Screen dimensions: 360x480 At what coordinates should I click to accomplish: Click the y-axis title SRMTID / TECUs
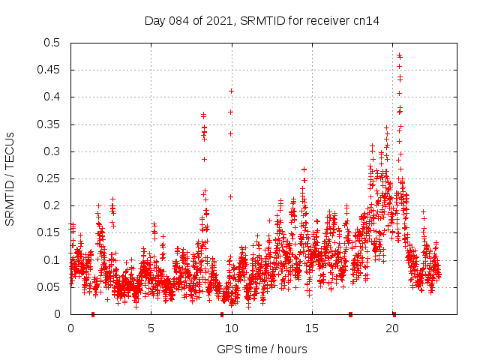click(10, 178)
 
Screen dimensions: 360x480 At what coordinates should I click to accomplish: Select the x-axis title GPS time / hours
click(262, 349)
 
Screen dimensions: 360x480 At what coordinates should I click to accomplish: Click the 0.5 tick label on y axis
click(52, 43)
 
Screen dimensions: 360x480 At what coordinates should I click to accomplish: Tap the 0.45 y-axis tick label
click(49, 70)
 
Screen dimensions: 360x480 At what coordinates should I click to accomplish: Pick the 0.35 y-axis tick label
click(49, 124)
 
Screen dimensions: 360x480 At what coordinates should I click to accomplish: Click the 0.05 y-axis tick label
click(49, 287)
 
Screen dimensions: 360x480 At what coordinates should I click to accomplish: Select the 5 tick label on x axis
click(151, 328)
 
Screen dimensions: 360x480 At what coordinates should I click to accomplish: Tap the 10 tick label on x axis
click(232, 328)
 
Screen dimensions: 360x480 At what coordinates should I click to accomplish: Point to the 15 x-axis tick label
click(312, 328)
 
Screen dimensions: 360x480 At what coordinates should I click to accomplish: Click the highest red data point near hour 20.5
click(399, 55)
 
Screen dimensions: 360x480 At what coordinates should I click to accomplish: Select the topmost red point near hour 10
click(232, 91)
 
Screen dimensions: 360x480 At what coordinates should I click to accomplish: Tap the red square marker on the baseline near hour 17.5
click(350, 313)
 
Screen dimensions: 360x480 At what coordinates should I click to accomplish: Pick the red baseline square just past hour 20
click(394, 313)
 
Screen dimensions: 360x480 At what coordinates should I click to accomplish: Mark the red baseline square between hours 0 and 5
click(93, 313)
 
